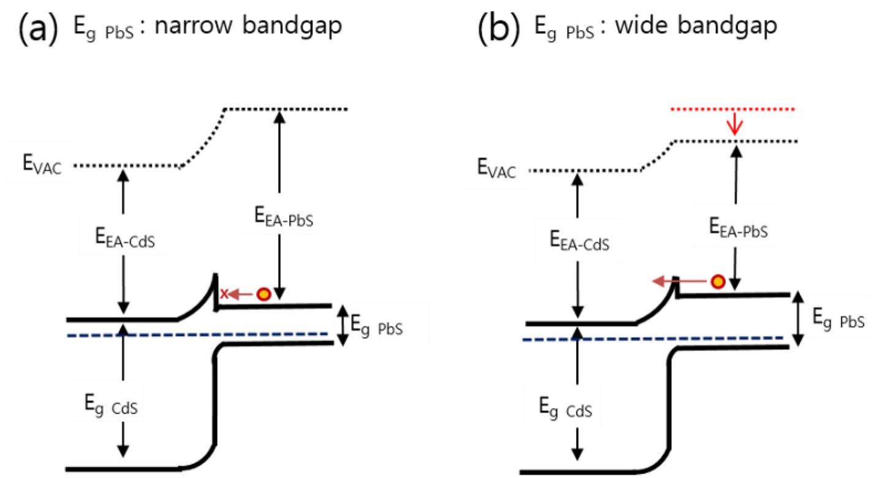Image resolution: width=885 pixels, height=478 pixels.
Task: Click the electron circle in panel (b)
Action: [x=718, y=282]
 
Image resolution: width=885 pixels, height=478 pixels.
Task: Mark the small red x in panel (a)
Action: [x=224, y=295]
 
